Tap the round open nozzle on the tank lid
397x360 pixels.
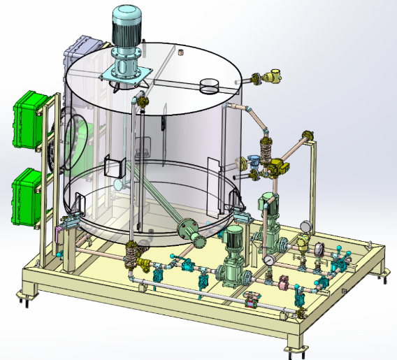[209, 86]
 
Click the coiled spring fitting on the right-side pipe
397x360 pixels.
[266, 150]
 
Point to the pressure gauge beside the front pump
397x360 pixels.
[268, 259]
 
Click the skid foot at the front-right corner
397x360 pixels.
[296, 347]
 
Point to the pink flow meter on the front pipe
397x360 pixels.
[284, 282]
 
